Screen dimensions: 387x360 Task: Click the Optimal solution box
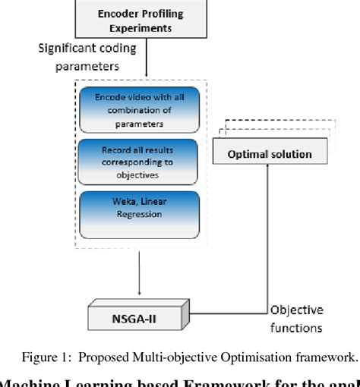coord(270,154)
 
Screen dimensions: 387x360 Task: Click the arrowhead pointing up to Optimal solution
coord(269,171)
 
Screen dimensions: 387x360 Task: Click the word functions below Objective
coord(296,328)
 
